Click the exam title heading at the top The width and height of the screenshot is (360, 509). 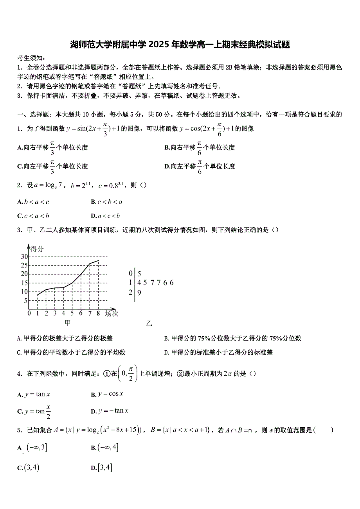pos(180,45)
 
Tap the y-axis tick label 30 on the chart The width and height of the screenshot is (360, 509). pos(24,256)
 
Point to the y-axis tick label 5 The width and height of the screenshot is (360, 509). pos(25,301)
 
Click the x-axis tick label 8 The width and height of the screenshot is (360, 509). pos(98,313)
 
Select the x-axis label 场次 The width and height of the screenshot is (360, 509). pos(112,313)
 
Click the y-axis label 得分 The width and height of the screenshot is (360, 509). pos(37,249)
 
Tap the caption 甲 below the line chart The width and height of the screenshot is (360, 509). pos(68,323)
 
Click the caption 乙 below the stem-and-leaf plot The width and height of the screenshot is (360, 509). pos(149,324)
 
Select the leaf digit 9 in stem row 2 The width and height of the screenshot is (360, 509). pos(139,292)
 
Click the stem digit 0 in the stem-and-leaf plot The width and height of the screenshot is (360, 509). pos(131,274)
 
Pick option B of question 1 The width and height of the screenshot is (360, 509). pos(200,147)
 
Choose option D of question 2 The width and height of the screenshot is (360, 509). pos(105,216)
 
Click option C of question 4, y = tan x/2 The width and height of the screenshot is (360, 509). pos(34,411)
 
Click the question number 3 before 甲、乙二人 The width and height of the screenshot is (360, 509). pos(19,230)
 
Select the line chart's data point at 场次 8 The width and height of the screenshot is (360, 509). pos(98,261)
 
